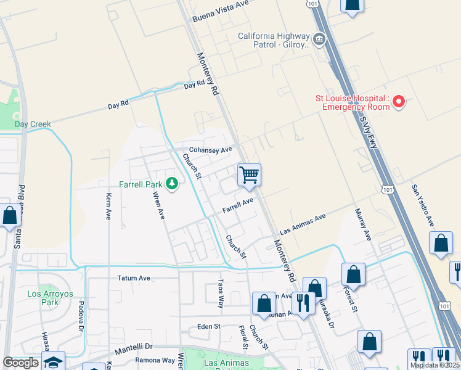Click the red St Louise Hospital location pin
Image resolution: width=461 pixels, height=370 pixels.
pos(399,101)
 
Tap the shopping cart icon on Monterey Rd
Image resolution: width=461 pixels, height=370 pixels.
pos(249,175)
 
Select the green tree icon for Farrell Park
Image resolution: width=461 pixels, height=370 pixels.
pos(172,184)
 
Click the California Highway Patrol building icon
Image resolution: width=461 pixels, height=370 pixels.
pos(319,40)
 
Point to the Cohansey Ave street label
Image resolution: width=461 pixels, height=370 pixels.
pos(210,150)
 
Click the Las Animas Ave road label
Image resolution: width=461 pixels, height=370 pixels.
pos(302,224)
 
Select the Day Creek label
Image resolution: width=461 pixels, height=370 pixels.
pos(33,124)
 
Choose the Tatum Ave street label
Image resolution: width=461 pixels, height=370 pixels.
pos(134,278)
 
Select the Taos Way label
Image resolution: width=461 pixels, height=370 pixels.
pos(220,293)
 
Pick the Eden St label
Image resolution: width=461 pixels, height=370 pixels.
pos(209,326)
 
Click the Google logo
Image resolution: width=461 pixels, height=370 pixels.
pos(21,363)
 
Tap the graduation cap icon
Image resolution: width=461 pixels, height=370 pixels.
pos(54,363)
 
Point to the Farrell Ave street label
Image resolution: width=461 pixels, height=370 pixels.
pos(238,205)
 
